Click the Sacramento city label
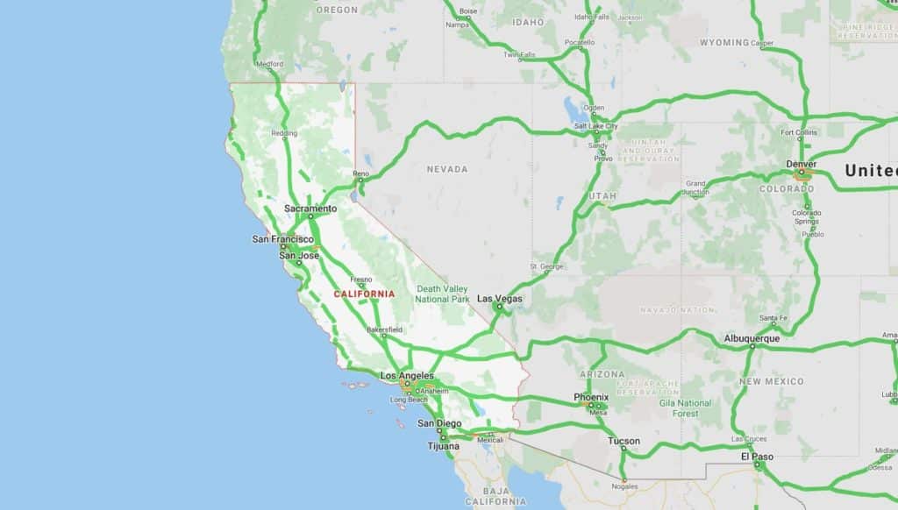point(310,209)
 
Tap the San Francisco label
point(282,239)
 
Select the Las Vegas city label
point(501,299)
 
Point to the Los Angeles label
point(407,376)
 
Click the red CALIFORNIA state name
point(364,294)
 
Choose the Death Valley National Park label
point(443,294)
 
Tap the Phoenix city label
point(591,397)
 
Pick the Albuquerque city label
point(752,338)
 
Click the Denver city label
point(802,164)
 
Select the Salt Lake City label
point(596,126)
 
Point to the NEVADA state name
point(447,169)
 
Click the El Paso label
point(757,456)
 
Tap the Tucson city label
point(624,441)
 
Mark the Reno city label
point(361,174)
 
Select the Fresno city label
point(361,279)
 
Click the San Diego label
point(438,424)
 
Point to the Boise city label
point(468,11)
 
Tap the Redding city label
point(284,133)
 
